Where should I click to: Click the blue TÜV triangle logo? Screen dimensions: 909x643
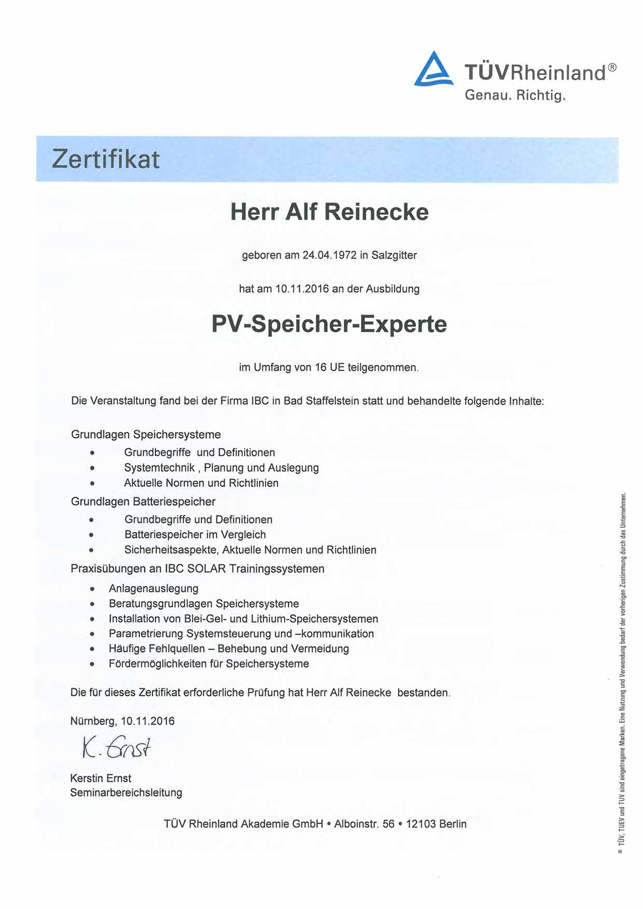click(433, 69)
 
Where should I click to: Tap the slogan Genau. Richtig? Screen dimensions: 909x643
click(514, 95)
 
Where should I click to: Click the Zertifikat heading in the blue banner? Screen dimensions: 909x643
click(106, 159)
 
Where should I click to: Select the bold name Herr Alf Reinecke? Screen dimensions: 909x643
click(329, 212)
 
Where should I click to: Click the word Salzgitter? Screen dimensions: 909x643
click(394, 255)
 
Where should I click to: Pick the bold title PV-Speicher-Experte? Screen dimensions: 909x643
click(329, 324)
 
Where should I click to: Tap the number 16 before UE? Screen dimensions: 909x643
click(320, 367)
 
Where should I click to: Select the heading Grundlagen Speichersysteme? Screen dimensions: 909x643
click(146, 434)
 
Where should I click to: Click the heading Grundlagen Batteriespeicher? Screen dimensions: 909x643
click(143, 502)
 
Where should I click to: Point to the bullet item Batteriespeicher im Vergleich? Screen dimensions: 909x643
click(195, 535)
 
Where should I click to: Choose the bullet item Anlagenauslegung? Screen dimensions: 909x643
click(153, 589)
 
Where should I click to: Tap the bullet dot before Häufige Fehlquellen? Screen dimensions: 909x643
click(92, 649)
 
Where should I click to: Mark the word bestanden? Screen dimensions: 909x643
click(423, 693)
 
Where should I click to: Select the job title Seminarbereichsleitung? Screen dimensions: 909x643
click(126, 793)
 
